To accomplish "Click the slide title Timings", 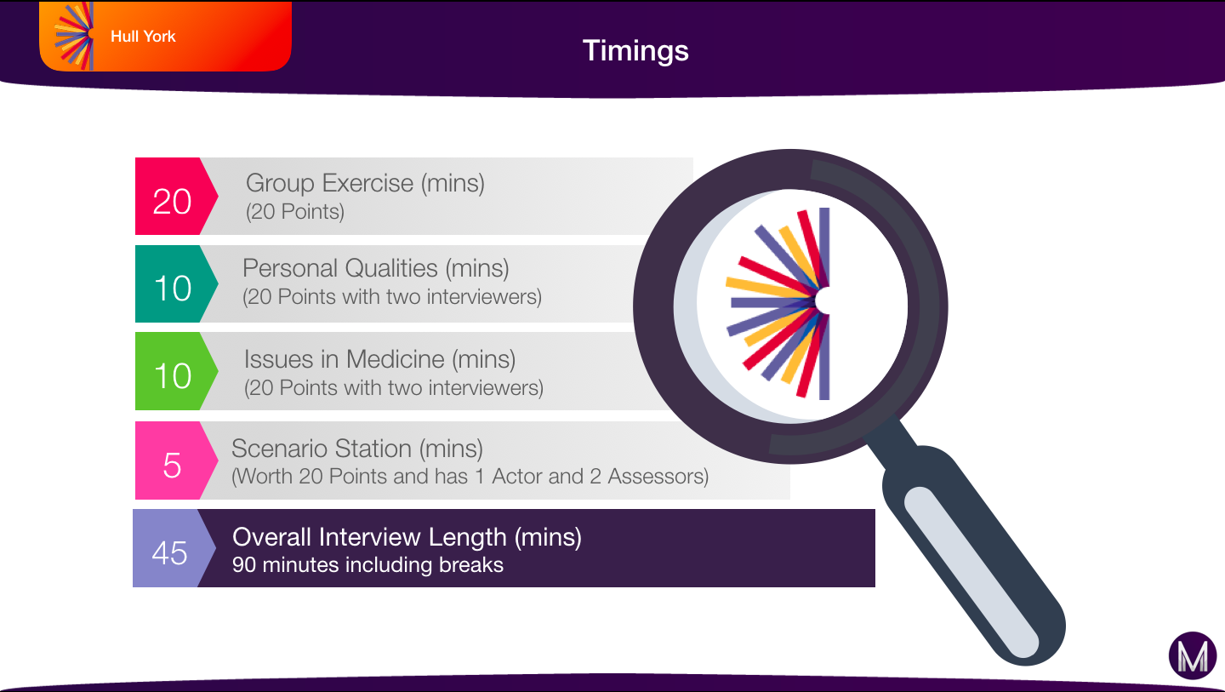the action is [x=635, y=51].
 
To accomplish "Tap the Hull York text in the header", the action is [x=143, y=37].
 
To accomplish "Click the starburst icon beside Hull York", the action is [x=74, y=36].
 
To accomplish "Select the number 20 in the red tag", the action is [x=172, y=202].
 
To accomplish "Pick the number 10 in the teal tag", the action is [x=173, y=289].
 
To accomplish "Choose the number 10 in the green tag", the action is [x=173, y=376].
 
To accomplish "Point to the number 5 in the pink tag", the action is [x=172, y=466].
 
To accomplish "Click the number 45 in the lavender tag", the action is [x=169, y=553].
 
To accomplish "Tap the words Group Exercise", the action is [x=330, y=183].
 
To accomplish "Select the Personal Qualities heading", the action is [x=340, y=269].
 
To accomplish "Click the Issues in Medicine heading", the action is [x=345, y=359].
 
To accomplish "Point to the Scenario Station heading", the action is [x=322, y=449].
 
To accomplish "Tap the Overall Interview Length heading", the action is [x=370, y=537].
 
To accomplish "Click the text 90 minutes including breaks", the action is [x=367, y=565].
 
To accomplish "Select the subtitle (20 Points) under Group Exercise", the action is [x=294, y=212].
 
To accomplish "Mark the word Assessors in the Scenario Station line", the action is [x=658, y=477].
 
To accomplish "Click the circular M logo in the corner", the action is [x=1193, y=655].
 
